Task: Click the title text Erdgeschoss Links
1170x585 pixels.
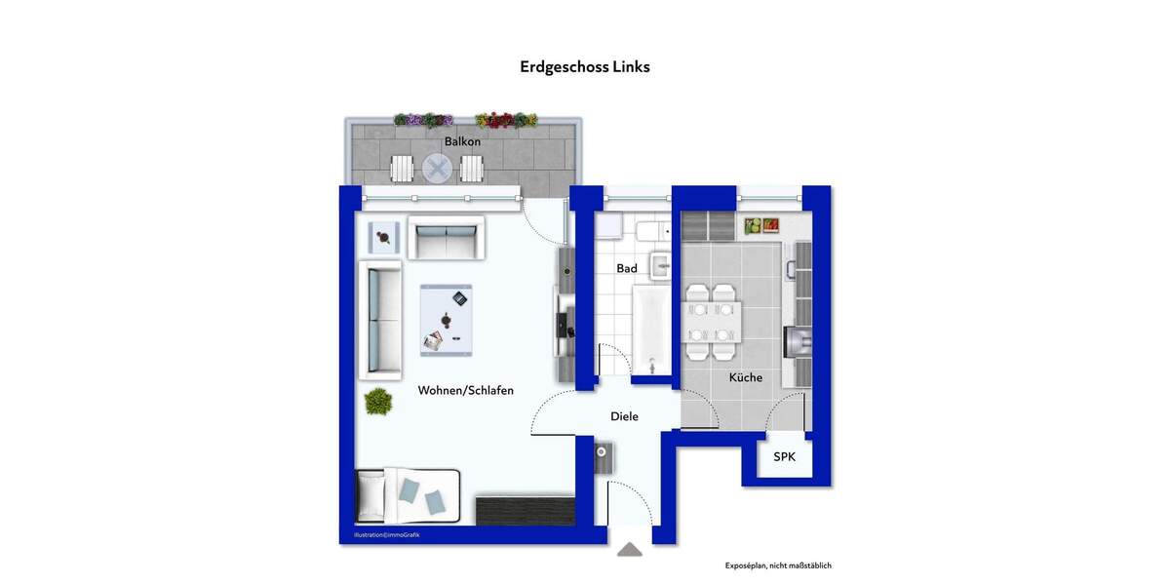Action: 585,67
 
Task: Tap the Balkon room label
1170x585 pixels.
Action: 462,141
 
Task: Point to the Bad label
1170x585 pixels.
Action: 627,268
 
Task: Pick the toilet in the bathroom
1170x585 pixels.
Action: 649,231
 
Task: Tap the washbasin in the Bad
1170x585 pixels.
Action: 661,263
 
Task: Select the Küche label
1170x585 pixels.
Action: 746,377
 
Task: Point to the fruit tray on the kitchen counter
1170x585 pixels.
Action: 761,225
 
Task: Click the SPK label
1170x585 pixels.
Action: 785,457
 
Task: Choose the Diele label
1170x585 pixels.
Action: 624,416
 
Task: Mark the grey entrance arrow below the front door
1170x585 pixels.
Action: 630,550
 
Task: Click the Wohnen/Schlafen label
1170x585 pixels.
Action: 465,390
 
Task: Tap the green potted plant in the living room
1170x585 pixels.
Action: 378,400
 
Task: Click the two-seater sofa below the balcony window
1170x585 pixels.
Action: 446,239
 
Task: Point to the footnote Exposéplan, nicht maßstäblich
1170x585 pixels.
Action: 778,565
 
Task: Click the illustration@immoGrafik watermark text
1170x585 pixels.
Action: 387,534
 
